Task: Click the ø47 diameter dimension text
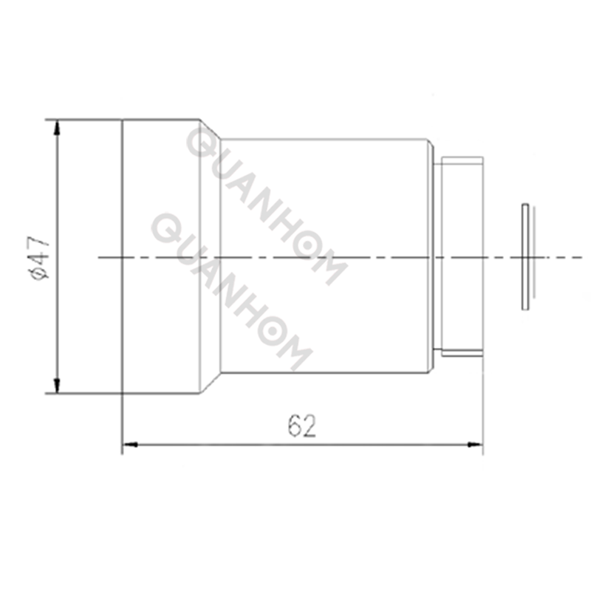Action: (39, 256)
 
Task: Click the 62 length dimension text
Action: (302, 426)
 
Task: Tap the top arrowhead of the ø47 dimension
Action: (57, 126)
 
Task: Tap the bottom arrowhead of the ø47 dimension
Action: (57, 386)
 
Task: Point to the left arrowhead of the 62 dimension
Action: (129, 444)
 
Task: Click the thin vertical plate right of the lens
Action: (525, 256)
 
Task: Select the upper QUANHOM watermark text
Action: (266, 203)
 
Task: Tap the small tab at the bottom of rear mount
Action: (462, 353)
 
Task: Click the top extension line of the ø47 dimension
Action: (81, 119)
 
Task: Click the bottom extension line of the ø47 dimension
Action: (81, 393)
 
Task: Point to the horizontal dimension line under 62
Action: (222, 444)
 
